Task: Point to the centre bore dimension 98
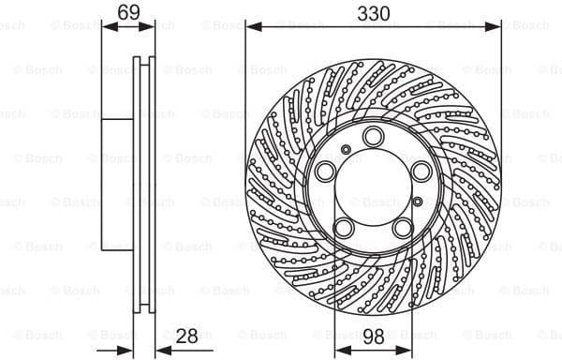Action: tap(373, 336)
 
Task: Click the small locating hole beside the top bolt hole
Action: tap(347, 148)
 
